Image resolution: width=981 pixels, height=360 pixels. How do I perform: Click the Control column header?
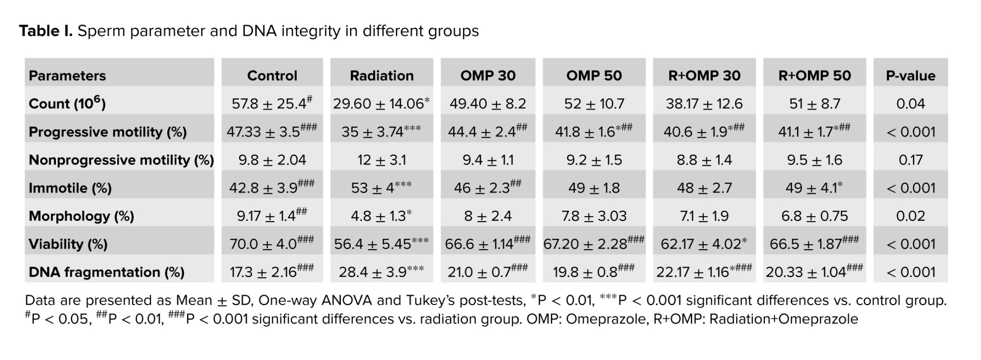click(x=272, y=76)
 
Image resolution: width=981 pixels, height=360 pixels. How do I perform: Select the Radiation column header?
click(x=382, y=76)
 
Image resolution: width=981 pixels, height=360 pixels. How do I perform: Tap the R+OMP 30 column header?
click(x=704, y=76)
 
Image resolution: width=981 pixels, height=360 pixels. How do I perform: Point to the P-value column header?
click(x=910, y=76)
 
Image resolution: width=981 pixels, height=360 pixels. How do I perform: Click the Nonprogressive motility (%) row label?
click(x=121, y=160)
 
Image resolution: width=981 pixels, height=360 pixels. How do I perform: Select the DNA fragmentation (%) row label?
click(x=106, y=272)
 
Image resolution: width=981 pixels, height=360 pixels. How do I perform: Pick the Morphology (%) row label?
click(x=81, y=216)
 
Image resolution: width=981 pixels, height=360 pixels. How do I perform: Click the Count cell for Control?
click(x=272, y=103)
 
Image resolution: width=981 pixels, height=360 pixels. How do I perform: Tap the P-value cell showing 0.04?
click(x=910, y=103)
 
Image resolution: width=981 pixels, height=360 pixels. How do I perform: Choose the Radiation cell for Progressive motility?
click(x=381, y=131)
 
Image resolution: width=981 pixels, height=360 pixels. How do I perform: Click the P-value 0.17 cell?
click(x=910, y=160)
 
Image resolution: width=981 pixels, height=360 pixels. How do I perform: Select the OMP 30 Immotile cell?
click(x=488, y=188)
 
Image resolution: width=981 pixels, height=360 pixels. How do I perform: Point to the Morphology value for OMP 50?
click(x=594, y=216)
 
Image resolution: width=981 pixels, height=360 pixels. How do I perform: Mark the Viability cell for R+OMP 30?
click(x=704, y=244)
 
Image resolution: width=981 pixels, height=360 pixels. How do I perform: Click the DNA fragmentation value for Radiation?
click(x=381, y=272)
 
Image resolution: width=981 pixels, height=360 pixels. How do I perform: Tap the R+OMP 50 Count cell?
click(x=814, y=103)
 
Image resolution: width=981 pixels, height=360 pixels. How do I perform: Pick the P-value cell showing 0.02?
click(x=910, y=216)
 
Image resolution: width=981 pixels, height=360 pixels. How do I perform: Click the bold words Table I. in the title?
click(x=46, y=31)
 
